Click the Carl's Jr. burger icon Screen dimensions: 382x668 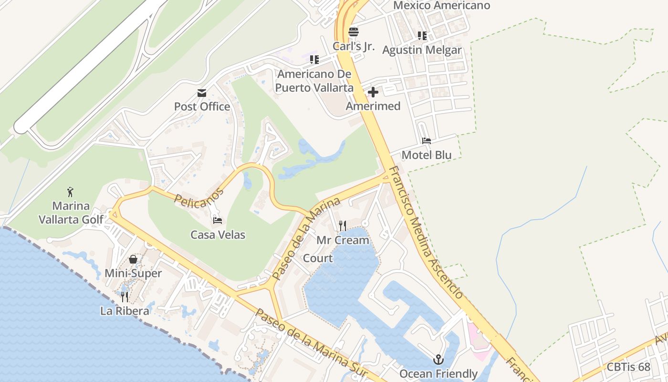tap(354, 32)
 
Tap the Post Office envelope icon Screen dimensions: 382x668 tap(202, 93)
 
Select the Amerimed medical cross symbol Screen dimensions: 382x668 tap(373, 92)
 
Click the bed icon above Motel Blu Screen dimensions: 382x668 tap(427, 141)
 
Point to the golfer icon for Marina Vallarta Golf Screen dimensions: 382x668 tap(71, 192)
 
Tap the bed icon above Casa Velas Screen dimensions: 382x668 tap(218, 221)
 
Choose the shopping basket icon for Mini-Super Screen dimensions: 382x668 tap(133, 259)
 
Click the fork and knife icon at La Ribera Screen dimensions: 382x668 tap(125, 297)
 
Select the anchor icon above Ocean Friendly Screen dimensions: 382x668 tap(438, 360)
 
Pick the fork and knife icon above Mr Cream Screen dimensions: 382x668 tap(343, 225)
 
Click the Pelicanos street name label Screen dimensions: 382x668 tap(199, 197)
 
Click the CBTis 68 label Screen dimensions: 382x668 tap(628, 367)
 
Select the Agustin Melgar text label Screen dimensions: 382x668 tap(422, 50)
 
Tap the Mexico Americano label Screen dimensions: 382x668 tap(441, 6)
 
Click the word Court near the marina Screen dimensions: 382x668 tap(318, 258)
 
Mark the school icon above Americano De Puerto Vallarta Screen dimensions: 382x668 tap(314, 60)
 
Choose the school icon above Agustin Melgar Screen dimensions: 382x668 tap(422, 36)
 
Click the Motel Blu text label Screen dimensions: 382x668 tap(427, 155)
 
